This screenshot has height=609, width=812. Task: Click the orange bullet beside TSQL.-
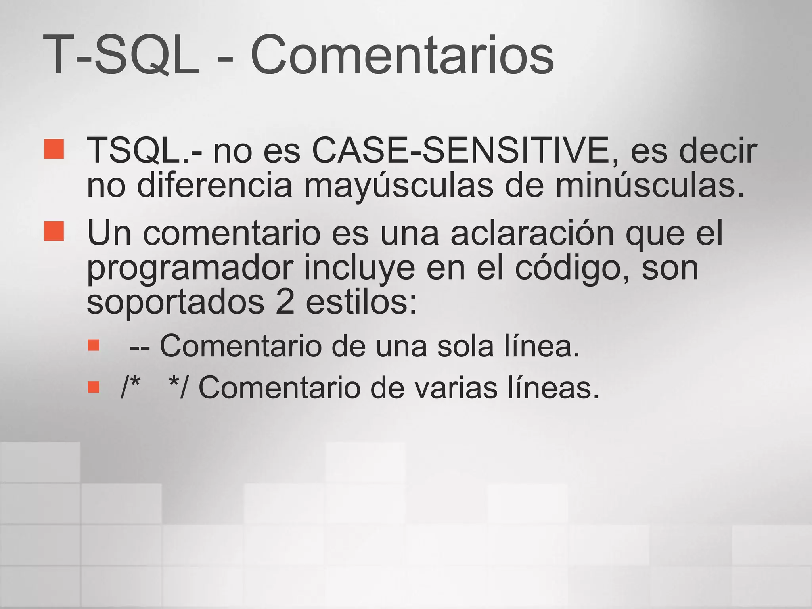click(x=54, y=149)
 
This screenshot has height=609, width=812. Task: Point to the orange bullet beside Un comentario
click(x=54, y=231)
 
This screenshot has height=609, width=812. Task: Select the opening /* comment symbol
click(x=130, y=387)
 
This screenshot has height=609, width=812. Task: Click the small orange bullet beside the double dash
click(x=94, y=345)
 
